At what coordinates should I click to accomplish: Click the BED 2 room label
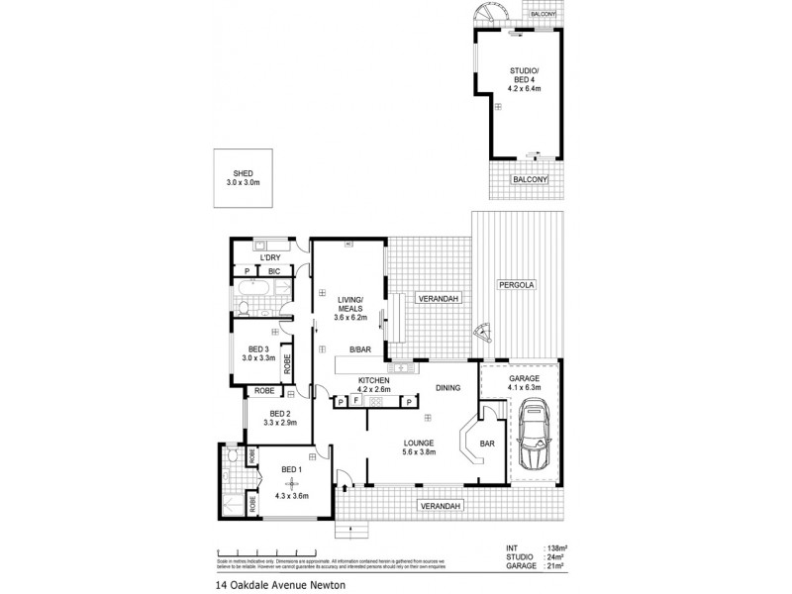[279, 418]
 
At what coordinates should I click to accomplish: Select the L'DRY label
[269, 258]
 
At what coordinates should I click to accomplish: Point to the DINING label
[448, 389]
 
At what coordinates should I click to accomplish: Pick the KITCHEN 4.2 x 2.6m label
[373, 384]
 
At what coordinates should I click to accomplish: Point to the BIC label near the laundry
[273, 270]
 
